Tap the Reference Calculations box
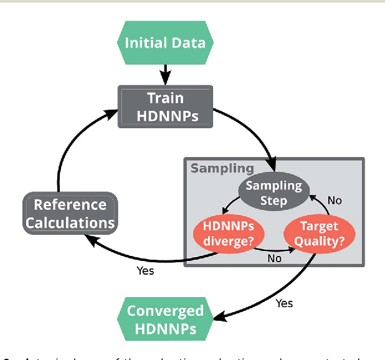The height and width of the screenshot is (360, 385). point(70,213)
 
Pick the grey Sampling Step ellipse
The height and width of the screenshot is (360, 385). point(273,192)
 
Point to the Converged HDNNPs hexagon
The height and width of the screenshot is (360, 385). point(165,319)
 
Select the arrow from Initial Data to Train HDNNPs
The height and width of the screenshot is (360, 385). point(166,74)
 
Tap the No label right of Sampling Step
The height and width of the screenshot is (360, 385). point(335,201)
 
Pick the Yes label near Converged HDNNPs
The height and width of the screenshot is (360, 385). point(284,303)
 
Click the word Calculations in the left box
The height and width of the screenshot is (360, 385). point(70,222)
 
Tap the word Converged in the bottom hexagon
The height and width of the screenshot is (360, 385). point(165,311)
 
